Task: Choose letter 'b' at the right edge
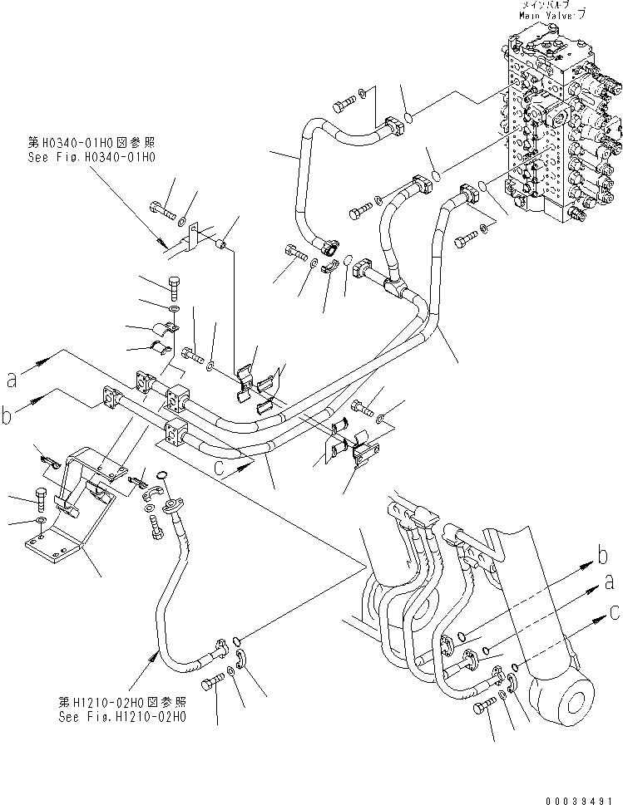(601, 555)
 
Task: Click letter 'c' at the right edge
(614, 613)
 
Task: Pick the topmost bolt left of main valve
(344, 105)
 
